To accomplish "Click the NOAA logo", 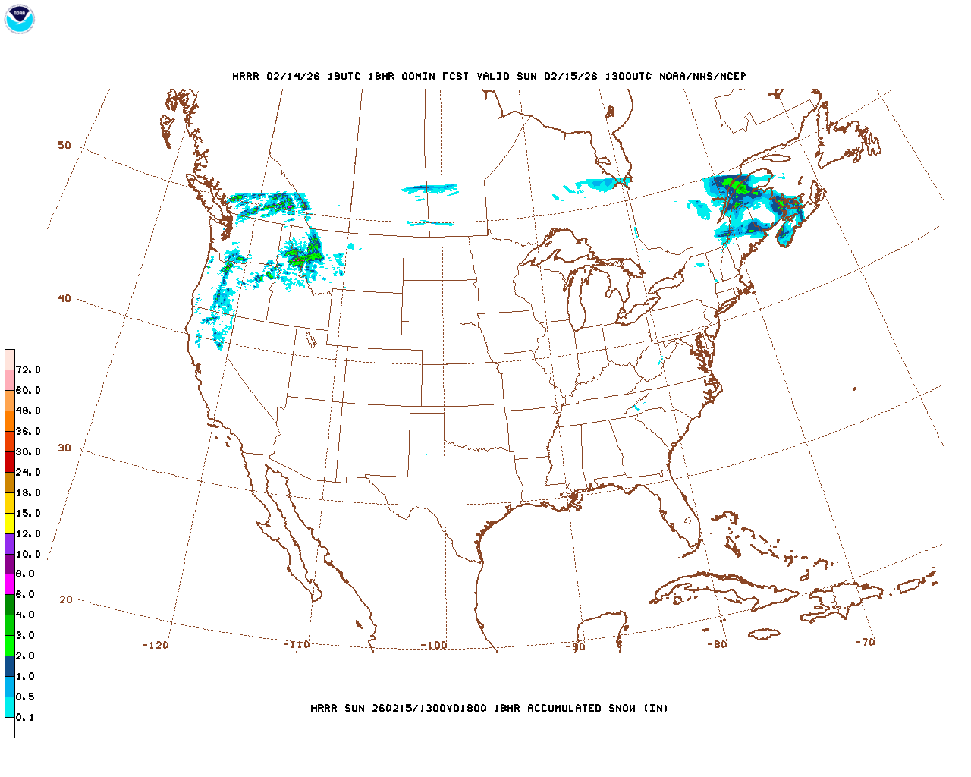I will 19,19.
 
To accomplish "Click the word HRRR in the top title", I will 245,77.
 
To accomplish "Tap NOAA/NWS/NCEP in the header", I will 702,77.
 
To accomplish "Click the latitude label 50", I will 64,146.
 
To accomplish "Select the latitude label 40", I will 64,299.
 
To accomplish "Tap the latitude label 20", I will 66,600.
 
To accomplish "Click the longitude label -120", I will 156,646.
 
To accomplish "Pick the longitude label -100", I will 434,646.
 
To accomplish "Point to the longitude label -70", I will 865,642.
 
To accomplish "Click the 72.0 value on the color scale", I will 28,370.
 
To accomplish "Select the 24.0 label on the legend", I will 28,473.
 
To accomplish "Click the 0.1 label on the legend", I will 25,718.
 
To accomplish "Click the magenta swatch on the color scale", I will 10,584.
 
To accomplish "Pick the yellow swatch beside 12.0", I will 10,524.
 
